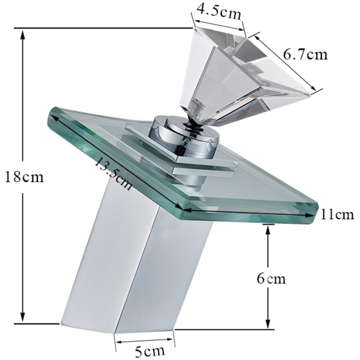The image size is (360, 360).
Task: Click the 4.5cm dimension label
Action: click(x=219, y=11)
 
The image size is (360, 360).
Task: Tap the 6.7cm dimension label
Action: click(x=305, y=55)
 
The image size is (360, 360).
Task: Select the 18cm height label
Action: click(x=24, y=177)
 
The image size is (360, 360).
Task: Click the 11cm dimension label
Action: click(x=337, y=215)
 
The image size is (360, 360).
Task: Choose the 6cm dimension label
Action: click(x=271, y=279)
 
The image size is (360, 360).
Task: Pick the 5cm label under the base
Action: click(x=150, y=351)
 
